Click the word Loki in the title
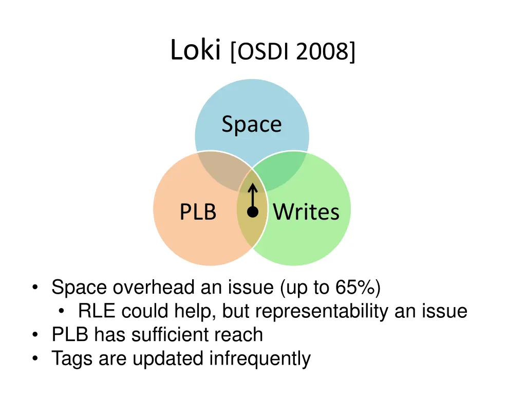coord(195,50)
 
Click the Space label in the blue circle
coord(252,124)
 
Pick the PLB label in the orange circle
coord(198,212)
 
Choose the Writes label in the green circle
coord(306,212)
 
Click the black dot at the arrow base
coord(252,211)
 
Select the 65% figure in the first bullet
coord(354,288)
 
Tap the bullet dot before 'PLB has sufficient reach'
coord(34,335)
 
